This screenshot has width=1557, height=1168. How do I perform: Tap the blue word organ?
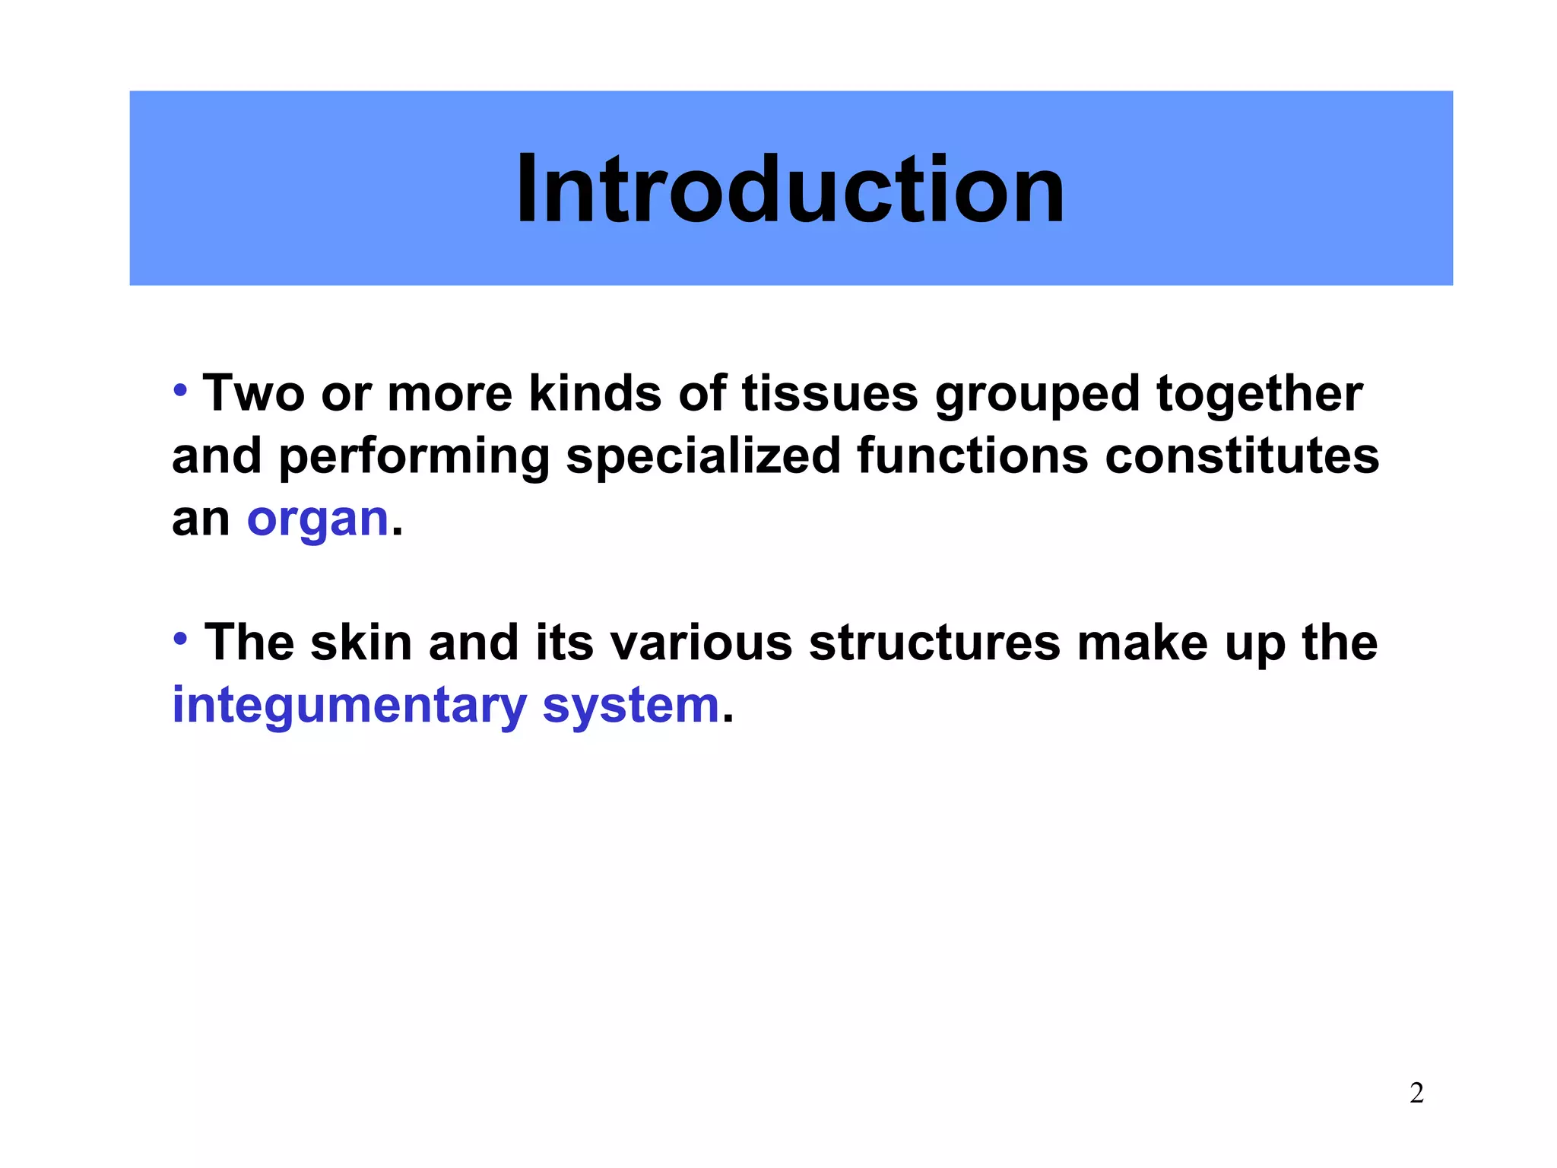318,520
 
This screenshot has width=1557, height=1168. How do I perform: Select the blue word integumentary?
349,706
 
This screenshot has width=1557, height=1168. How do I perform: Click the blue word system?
631,706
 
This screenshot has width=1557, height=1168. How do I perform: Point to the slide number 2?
1416,1093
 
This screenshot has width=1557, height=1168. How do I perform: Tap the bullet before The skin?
180,639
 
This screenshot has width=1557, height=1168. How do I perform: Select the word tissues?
829,394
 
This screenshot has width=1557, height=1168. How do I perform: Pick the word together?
1259,395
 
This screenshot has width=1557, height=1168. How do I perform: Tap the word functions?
972,456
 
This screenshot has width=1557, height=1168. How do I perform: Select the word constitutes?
1241,456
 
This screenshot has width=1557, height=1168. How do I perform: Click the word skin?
361,643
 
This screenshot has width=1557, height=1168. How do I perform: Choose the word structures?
934,643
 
